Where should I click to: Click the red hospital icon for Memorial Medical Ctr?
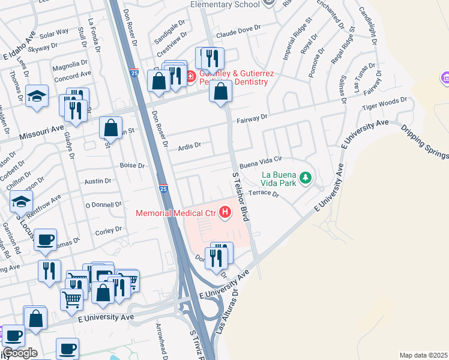pyautogui.click(x=225, y=212)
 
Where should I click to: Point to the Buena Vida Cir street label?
pyautogui.click(x=260, y=163)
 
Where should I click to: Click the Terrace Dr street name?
pyautogui.click(x=264, y=194)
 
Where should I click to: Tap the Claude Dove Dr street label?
pyautogui.click(x=240, y=28)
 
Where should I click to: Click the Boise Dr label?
pyautogui.click(x=133, y=166)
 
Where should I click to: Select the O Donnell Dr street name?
pyautogui.click(x=103, y=205)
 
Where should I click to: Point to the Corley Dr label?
pyautogui.click(x=108, y=229)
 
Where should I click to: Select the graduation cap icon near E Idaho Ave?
pyautogui.click(x=37, y=95)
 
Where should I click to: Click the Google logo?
pyautogui.click(x=20, y=353)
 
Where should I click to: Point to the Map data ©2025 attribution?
pyautogui.click(x=423, y=355)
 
